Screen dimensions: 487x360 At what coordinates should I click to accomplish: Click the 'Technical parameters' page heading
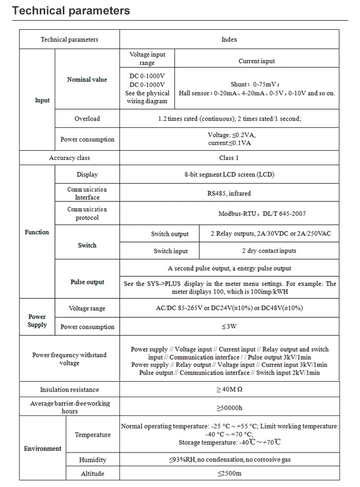71,11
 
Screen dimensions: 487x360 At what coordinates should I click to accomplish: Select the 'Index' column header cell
229,39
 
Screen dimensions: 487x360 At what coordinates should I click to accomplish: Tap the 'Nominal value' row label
87,79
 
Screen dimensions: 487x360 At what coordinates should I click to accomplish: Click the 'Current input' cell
257,61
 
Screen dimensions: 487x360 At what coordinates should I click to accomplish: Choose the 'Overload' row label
87,119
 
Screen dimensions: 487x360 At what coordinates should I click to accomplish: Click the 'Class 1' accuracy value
229,158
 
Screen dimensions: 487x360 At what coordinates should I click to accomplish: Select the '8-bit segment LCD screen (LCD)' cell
229,174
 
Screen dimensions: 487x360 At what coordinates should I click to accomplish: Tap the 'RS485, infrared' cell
229,193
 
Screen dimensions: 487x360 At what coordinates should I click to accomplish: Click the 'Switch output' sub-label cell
170,234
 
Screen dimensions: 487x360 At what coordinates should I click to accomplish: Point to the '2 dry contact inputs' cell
269,251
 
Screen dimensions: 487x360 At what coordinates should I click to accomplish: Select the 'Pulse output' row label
87,282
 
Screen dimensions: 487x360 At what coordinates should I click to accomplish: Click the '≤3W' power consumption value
229,327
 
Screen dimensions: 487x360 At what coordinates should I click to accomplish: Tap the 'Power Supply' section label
37,321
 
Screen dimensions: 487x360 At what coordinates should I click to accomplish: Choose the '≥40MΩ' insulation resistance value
229,390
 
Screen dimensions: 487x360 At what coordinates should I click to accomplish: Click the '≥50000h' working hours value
229,408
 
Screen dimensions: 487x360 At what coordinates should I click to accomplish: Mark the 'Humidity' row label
93,460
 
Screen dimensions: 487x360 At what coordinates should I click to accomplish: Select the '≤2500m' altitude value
229,474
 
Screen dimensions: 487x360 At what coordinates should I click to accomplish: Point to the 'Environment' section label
43,448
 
